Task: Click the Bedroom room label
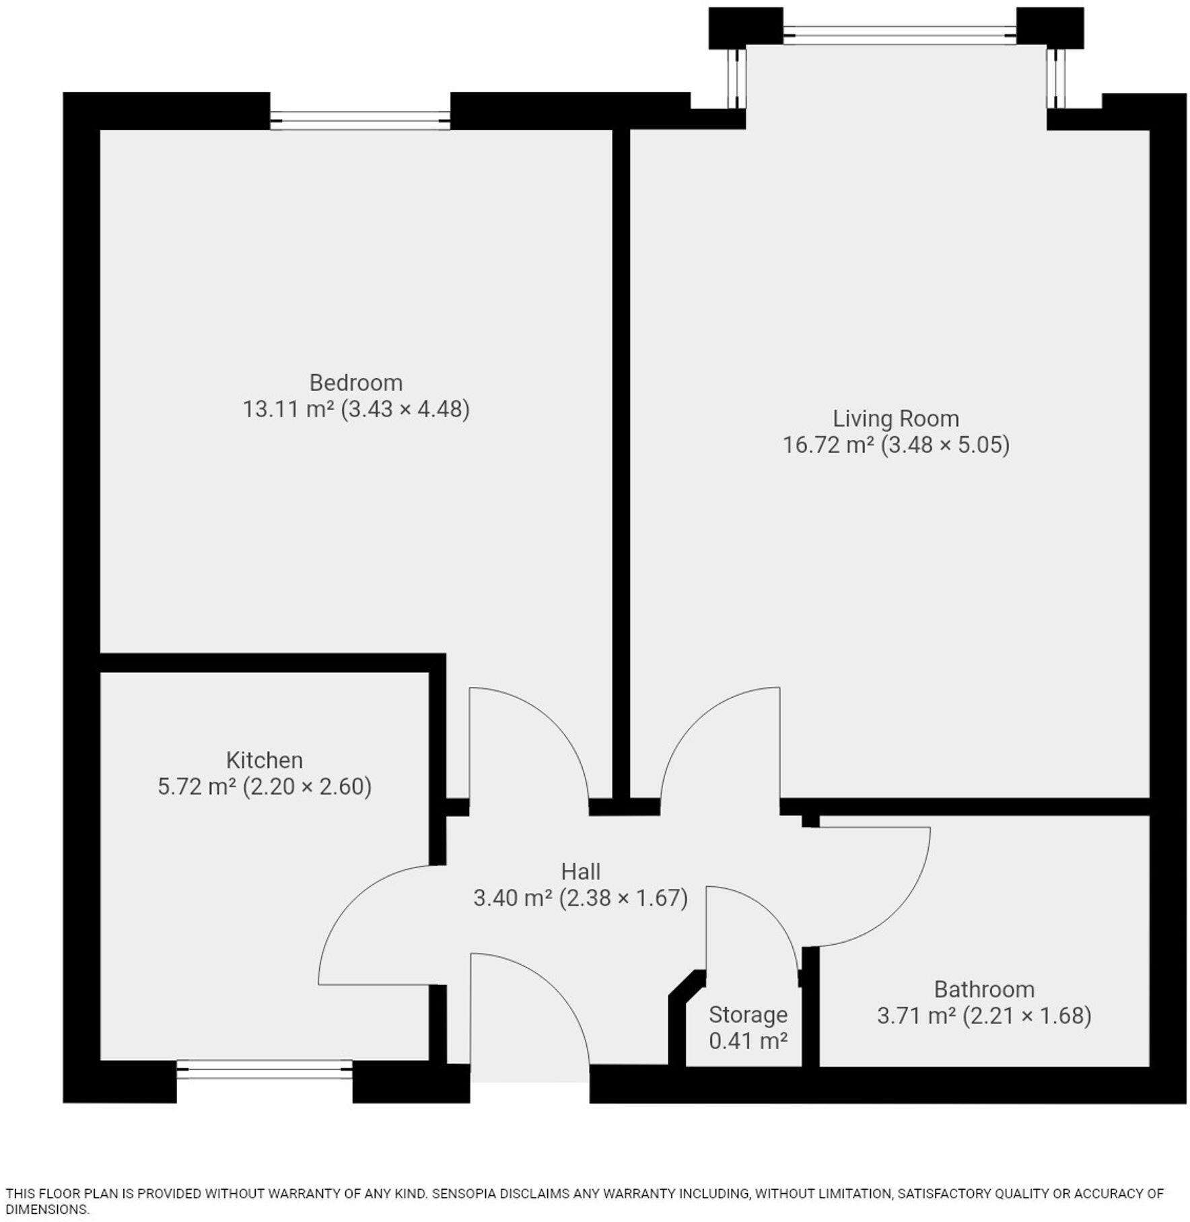(x=355, y=382)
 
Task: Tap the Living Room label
(x=895, y=419)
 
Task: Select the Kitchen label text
(x=264, y=760)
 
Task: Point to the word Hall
(x=580, y=871)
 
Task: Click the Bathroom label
(x=984, y=989)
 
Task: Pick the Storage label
(x=748, y=1014)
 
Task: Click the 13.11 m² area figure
(x=288, y=409)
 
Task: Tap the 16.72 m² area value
(x=828, y=445)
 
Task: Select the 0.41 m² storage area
(x=748, y=1041)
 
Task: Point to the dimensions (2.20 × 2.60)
(x=307, y=787)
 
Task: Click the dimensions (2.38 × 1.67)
(x=623, y=898)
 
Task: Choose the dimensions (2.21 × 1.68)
(x=1027, y=1015)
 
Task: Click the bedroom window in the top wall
(x=360, y=121)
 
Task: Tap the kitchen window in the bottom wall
(x=265, y=1069)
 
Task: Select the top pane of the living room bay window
(x=899, y=35)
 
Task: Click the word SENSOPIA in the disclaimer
(x=463, y=1194)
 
